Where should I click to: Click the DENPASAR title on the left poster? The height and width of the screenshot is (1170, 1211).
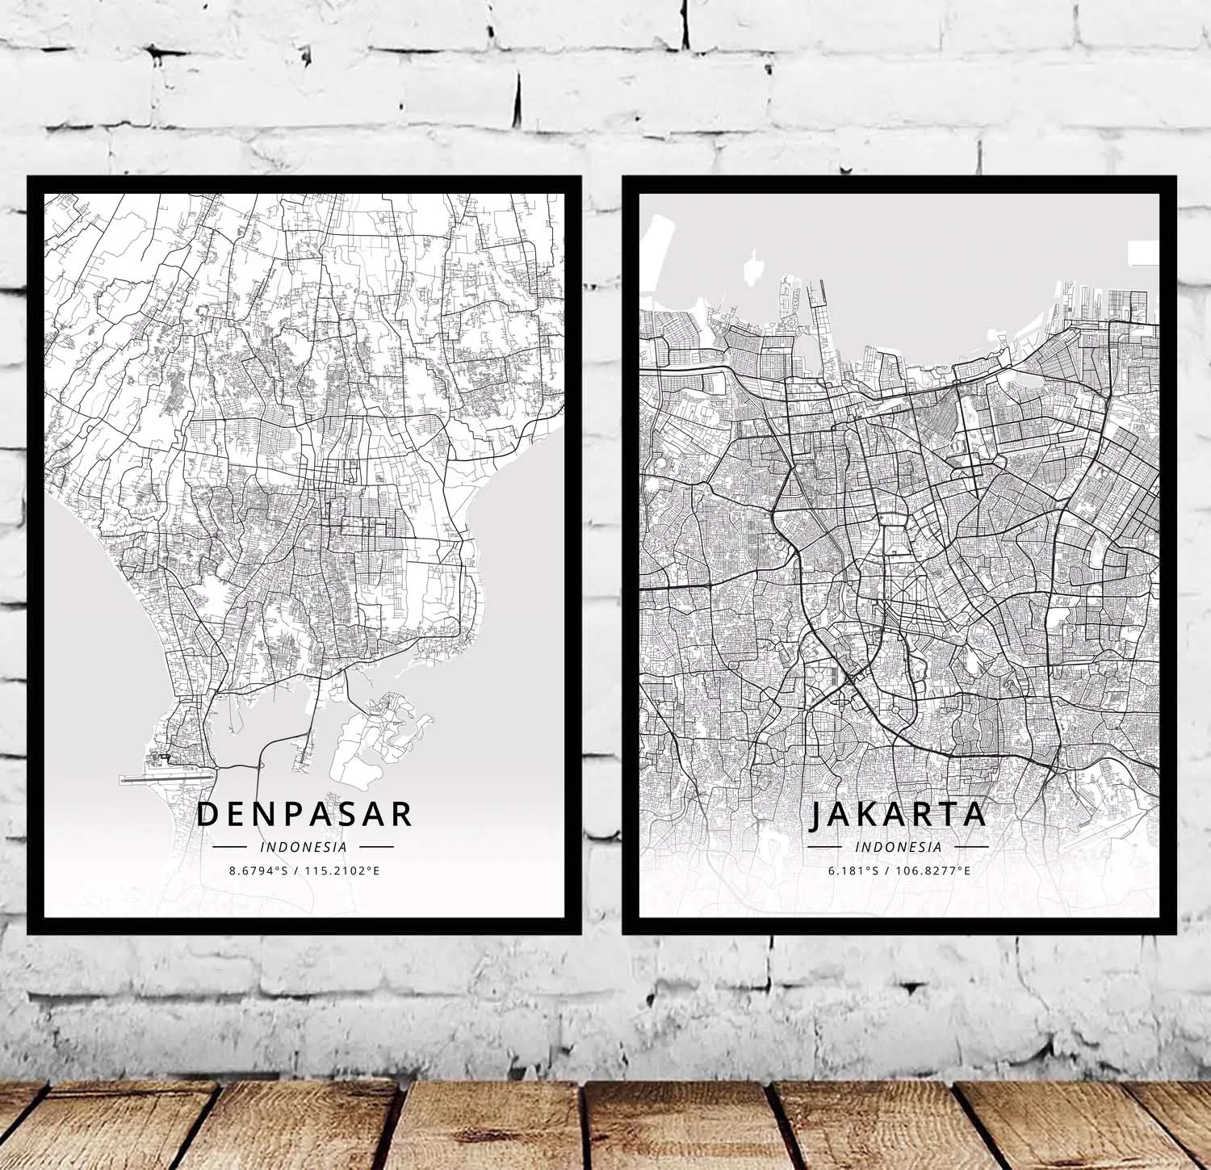coord(304,814)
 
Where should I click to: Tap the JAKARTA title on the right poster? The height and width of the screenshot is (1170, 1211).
coord(898,814)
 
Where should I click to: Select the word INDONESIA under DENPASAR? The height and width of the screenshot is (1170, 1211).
coord(304,847)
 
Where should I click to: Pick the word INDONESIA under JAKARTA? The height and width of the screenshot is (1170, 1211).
coord(898,847)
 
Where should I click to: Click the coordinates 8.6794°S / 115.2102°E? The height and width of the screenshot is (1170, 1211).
coord(304,871)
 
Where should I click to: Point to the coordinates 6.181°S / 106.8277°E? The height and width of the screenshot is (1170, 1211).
coord(898,871)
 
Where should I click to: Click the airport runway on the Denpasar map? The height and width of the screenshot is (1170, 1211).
coord(166,778)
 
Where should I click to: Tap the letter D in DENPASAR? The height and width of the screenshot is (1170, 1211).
coord(208,814)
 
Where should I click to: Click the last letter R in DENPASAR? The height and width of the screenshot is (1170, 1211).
coord(401,814)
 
